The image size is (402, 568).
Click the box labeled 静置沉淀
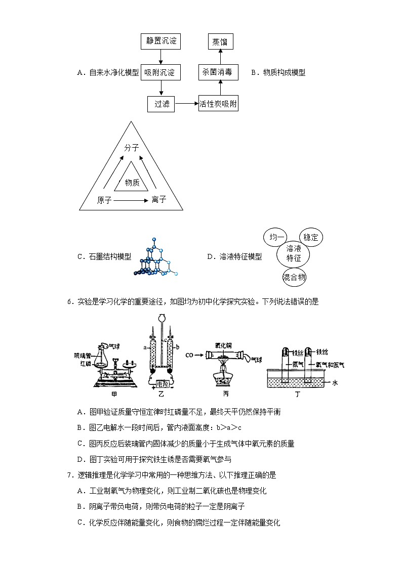click(160, 41)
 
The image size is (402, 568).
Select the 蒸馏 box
click(220, 41)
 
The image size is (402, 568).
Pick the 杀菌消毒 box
click(218, 72)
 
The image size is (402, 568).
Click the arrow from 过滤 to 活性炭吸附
click(187, 104)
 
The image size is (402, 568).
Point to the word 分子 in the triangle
click(132, 148)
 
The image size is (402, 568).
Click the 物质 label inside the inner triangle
click(132, 182)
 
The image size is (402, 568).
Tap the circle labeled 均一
click(276, 237)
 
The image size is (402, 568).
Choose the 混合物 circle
click(294, 277)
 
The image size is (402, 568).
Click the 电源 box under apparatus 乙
click(164, 384)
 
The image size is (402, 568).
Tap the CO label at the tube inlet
click(190, 355)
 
